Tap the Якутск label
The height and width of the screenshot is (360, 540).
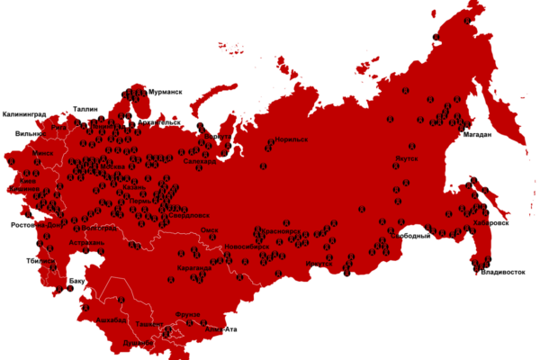click(405, 158)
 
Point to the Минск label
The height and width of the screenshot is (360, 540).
click(42, 153)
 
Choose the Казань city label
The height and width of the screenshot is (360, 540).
click(134, 187)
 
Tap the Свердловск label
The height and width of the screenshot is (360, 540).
click(190, 215)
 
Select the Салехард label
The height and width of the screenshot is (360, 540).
click(199, 162)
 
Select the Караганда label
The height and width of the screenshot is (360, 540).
click(194, 268)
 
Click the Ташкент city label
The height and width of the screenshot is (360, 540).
click(149, 322)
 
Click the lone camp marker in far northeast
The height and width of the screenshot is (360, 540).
click(467, 20)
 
